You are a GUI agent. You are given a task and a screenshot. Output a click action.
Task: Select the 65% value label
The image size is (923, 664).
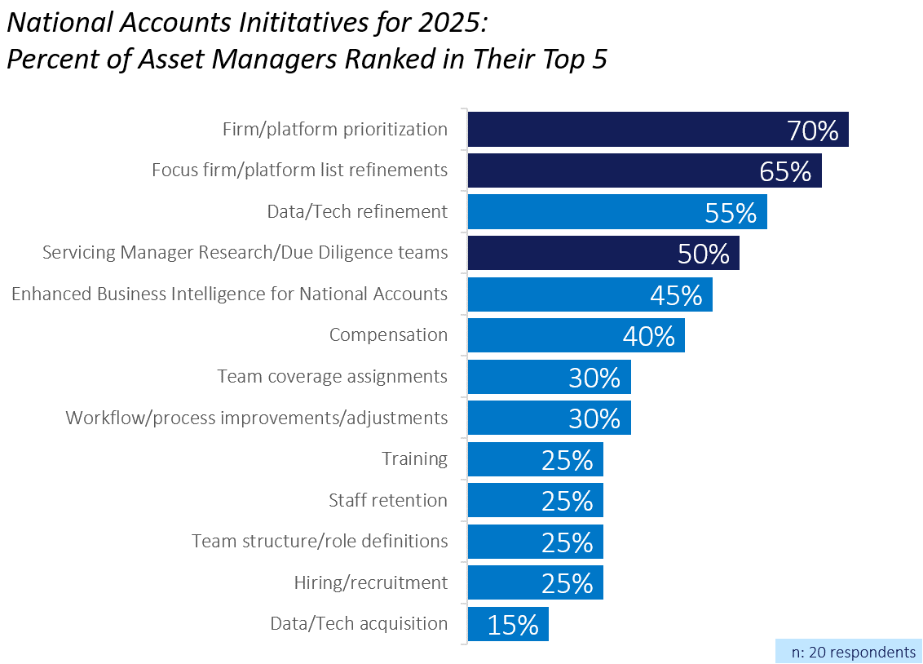coord(785,171)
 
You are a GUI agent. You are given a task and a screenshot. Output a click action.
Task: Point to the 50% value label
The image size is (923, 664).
coord(704,254)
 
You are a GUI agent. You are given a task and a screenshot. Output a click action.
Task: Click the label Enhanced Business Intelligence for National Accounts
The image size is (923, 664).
coord(229,294)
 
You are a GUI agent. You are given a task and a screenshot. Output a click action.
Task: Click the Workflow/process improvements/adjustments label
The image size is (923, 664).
coord(257,418)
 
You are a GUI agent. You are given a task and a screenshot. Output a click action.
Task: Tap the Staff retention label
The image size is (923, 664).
coord(388,500)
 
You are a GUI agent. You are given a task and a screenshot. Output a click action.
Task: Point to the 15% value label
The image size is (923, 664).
coord(513,625)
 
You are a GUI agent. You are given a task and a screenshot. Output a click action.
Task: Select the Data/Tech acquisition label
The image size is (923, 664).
coord(359,624)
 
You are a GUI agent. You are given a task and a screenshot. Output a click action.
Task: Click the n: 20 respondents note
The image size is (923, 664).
coord(854,653)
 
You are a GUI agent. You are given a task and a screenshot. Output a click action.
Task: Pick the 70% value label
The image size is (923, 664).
coord(813,131)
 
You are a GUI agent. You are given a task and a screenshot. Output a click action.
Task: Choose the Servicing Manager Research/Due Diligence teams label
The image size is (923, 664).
coord(245,253)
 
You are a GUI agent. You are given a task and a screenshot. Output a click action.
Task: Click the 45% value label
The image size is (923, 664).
coord(676,295)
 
